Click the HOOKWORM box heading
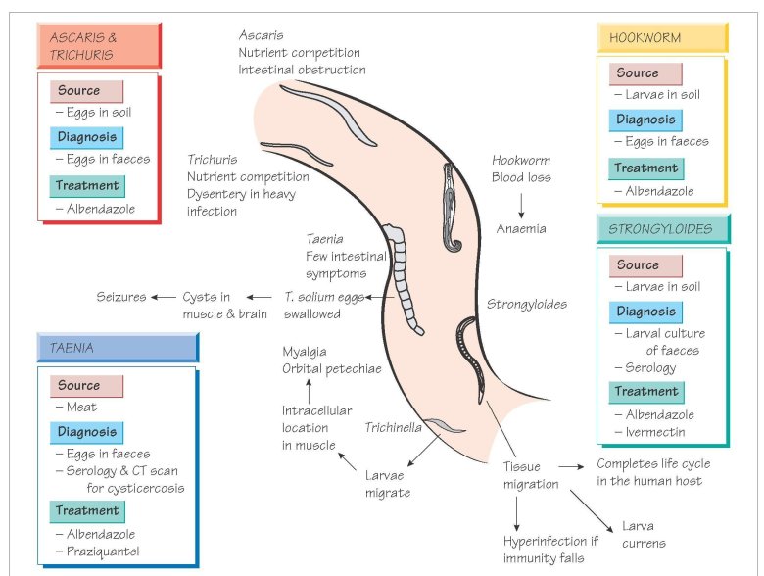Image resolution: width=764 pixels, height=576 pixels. click(x=645, y=37)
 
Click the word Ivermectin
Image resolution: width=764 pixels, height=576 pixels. click(x=655, y=432)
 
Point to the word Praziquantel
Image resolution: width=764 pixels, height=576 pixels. click(x=103, y=552)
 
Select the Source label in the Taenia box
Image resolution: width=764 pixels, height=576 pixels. click(x=79, y=386)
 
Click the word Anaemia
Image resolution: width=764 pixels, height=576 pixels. click(x=520, y=229)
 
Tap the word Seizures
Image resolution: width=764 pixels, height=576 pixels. click(x=121, y=297)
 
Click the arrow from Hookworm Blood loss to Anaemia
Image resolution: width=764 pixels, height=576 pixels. click(x=521, y=204)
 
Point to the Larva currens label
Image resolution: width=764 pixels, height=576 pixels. click(x=644, y=534)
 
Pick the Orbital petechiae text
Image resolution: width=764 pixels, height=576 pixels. click(x=331, y=368)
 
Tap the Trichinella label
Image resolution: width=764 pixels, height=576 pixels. click(x=394, y=427)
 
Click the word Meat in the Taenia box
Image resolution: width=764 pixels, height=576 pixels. click(x=81, y=408)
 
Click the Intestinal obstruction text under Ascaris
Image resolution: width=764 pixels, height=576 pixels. click(x=302, y=70)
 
